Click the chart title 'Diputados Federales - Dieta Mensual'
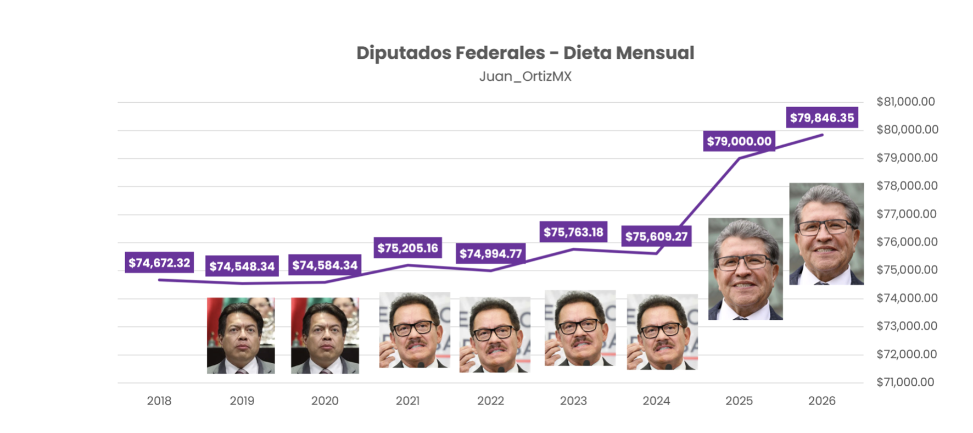[525, 53]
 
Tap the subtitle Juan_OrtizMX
[525, 76]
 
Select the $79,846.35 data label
[821, 118]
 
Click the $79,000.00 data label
[739, 141]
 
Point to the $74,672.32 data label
[159, 263]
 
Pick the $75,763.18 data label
[573, 232]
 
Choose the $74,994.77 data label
[490, 253]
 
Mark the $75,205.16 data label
[407, 248]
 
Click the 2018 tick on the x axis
[159, 401]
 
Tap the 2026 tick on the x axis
[821, 401]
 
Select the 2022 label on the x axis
[490, 401]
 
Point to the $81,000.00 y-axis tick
[905, 102]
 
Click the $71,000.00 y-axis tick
[905, 382]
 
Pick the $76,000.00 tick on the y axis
[907, 242]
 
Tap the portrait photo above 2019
[241, 335]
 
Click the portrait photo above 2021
[415, 330]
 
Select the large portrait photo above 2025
[745, 269]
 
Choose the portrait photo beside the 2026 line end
[826, 234]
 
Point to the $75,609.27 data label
[656, 236]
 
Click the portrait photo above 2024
[662, 331]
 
